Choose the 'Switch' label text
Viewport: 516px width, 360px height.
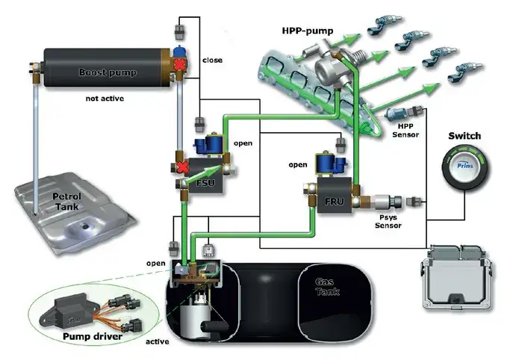(x=464, y=137)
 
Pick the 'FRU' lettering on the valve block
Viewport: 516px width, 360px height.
(x=332, y=200)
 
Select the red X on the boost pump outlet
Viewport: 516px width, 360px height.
(x=181, y=66)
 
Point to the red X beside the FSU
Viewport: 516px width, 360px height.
(x=181, y=166)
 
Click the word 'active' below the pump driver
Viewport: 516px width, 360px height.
(x=158, y=341)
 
